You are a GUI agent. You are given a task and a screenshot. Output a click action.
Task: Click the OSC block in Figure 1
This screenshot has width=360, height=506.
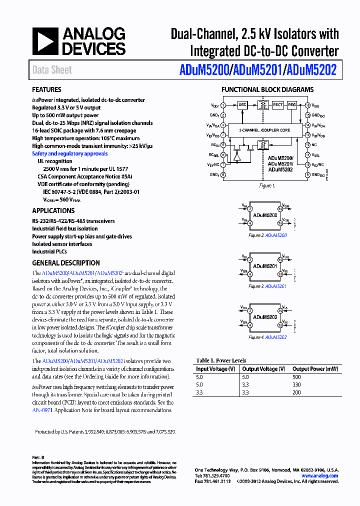click(242, 105)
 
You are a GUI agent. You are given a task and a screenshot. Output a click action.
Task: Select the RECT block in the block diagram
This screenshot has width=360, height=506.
click(278, 105)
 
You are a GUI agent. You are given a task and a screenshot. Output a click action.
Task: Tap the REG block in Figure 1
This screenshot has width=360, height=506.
click(292, 105)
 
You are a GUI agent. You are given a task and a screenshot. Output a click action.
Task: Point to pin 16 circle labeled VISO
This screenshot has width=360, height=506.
click(307, 105)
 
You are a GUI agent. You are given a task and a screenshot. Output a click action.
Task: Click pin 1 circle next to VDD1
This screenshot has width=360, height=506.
click(223, 105)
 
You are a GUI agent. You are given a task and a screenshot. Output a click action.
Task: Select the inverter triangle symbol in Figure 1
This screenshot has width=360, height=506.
click(237, 155)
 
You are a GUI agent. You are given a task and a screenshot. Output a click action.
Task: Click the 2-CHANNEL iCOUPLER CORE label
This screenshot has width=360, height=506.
click(265, 130)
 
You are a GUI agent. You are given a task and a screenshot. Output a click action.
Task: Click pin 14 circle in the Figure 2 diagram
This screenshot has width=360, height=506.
click(280, 207)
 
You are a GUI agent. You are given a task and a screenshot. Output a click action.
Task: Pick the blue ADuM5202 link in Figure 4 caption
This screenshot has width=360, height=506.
click(276, 337)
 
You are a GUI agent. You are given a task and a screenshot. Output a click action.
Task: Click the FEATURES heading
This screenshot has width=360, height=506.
click(46, 89)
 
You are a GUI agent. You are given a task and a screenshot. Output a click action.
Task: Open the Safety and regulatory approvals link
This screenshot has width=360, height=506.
click(69, 153)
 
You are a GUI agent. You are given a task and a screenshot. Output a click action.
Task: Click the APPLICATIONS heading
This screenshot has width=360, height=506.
click(53, 210)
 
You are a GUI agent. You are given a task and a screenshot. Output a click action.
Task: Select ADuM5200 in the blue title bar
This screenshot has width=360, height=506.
click(203, 70)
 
